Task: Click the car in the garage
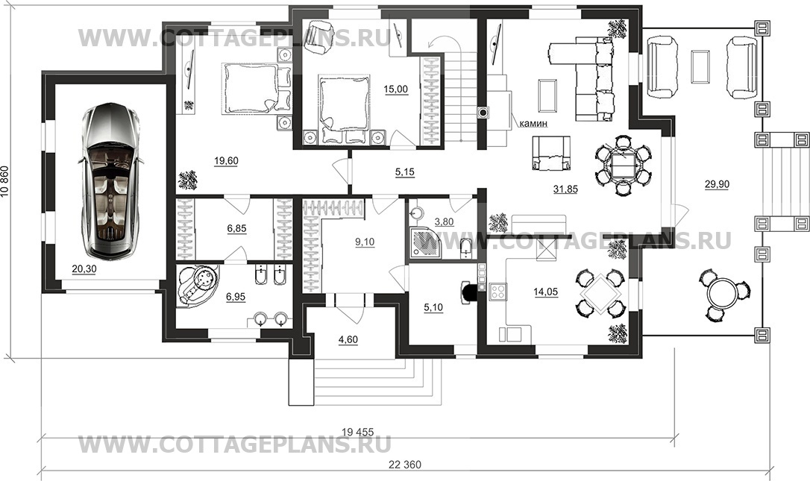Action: [110, 180]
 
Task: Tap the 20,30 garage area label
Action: [84, 269]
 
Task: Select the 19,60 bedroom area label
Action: [226, 161]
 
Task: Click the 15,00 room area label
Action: [396, 89]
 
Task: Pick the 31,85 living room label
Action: [565, 189]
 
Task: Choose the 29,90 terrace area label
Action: [717, 184]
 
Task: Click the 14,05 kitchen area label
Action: [545, 292]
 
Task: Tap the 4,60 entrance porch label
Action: [348, 340]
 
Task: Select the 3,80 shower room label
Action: [445, 222]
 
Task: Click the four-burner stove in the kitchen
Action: [498, 292]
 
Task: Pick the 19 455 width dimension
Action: [357, 432]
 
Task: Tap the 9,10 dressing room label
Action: [365, 242]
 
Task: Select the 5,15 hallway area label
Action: [405, 172]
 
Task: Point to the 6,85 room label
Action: [236, 228]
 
